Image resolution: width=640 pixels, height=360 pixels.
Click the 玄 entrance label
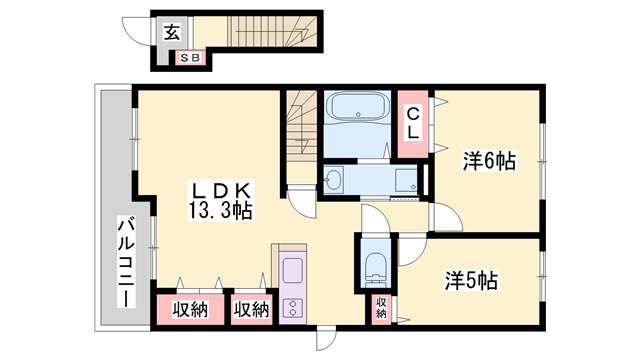point(171,32)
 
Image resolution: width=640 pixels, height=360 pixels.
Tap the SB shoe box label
point(189,59)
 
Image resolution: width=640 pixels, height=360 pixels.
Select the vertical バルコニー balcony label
point(128,261)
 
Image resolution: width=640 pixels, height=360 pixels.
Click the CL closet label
point(412,123)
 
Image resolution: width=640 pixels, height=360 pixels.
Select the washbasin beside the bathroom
point(335,181)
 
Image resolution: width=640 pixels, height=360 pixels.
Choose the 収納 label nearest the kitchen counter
point(251,310)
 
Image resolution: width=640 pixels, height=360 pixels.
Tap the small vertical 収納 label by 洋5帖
point(381,308)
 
